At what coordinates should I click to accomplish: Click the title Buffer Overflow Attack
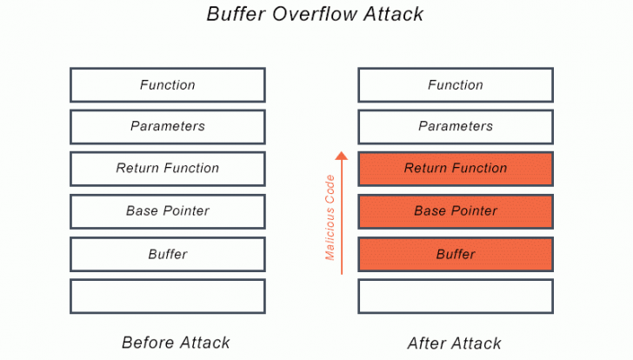point(316,15)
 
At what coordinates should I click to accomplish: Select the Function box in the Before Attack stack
point(168,85)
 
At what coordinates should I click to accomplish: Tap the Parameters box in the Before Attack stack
point(168,127)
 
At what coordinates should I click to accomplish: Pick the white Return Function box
point(168,169)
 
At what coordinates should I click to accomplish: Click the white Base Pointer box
point(168,211)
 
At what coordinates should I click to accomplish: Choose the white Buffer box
point(168,255)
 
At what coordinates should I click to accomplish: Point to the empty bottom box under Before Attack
point(168,297)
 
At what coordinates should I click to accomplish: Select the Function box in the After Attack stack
point(456,85)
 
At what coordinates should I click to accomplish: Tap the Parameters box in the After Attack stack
point(456,127)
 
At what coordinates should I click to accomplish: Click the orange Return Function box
point(456,169)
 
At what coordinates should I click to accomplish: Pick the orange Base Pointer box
point(456,211)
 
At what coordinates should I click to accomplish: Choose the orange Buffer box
point(456,255)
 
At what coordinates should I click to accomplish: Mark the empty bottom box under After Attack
point(456,297)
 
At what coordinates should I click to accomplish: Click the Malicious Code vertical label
point(330,217)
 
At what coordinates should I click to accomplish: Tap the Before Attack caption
point(177,342)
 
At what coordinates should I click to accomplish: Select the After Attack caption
point(455,343)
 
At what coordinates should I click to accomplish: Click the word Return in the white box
point(137,169)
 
